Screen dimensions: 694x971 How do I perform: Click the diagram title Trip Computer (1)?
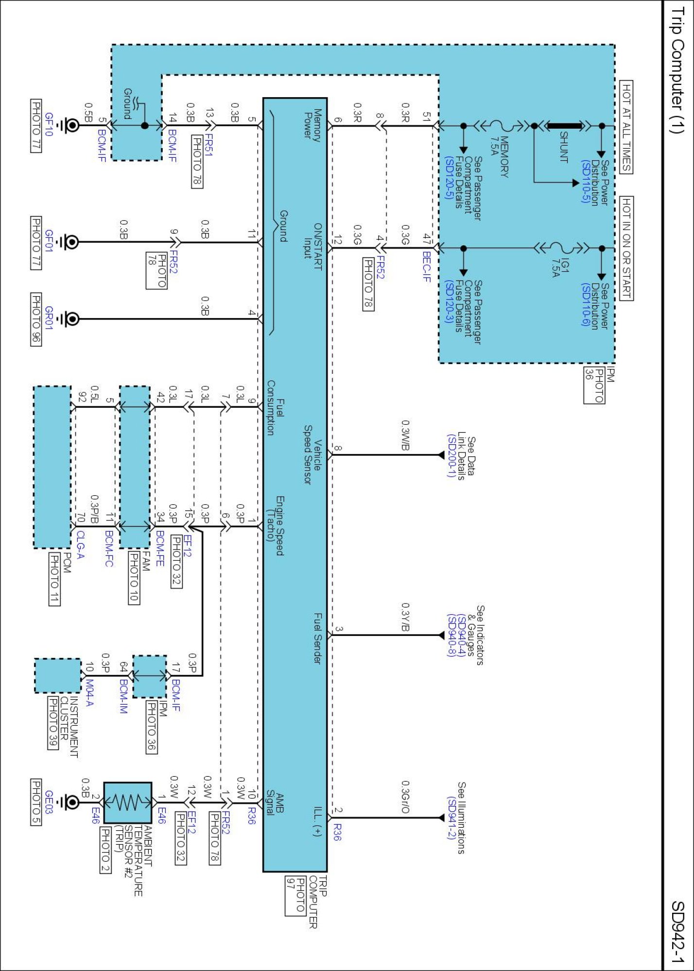pyautogui.click(x=677, y=70)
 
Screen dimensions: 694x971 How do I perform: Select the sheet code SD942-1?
pyautogui.click(x=677, y=932)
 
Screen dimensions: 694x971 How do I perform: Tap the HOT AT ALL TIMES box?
pyautogui.click(x=626, y=127)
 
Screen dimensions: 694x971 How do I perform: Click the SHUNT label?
pyautogui.click(x=564, y=147)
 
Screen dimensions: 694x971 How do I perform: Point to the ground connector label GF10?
pyautogui.click(x=49, y=124)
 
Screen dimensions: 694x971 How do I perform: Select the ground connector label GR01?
pyautogui.click(x=49, y=318)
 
